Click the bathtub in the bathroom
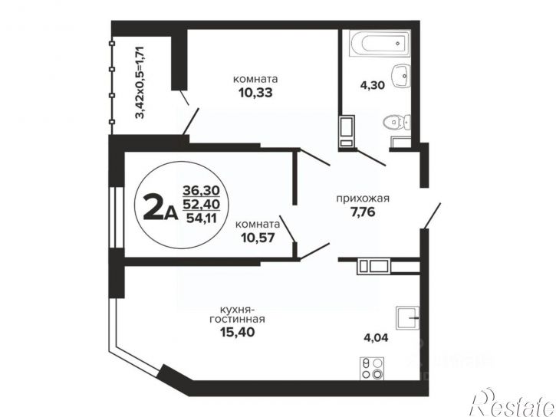(380, 43)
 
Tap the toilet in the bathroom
(396, 123)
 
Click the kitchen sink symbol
(408, 318)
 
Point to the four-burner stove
(372, 369)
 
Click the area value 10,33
(255, 93)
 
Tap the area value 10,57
(258, 238)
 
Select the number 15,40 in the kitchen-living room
(237, 333)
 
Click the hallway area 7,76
(363, 212)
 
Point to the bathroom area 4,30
(372, 85)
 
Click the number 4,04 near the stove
(376, 337)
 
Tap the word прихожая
(363, 199)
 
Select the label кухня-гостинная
(237, 314)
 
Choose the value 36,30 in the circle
(201, 191)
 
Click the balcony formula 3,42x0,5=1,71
(140, 83)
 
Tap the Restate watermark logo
(512, 404)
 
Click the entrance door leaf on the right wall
(433, 215)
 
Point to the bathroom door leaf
(371, 157)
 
